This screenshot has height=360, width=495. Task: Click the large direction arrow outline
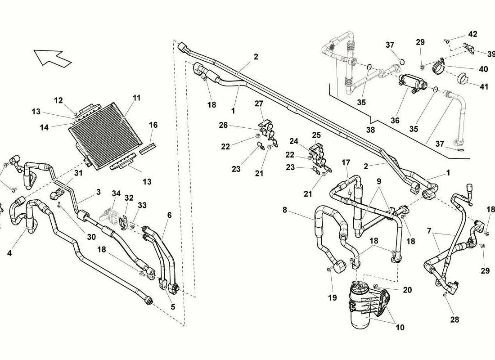pos(52,57)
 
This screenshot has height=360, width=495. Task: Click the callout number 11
pos(136,98)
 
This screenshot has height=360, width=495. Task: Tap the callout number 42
pos(472,34)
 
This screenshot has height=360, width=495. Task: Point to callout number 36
pos(395,120)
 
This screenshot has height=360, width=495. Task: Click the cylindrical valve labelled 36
pos(412,82)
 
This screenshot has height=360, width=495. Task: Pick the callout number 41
pos(484,86)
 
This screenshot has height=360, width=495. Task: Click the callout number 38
pos(370,130)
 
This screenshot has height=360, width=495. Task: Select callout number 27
pos(259,103)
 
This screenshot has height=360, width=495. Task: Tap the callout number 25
pos(316,135)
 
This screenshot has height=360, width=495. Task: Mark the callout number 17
pos(346,162)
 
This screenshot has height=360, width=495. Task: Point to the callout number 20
pos(408,290)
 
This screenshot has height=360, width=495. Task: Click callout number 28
pos(454,319)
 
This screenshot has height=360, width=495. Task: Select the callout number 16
pos(153,125)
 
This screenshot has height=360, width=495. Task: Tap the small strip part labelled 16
pos(148,148)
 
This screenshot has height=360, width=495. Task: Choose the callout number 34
pos(116,193)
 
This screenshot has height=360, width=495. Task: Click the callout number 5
pos(173,306)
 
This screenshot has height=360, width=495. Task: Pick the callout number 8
pos(285,210)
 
